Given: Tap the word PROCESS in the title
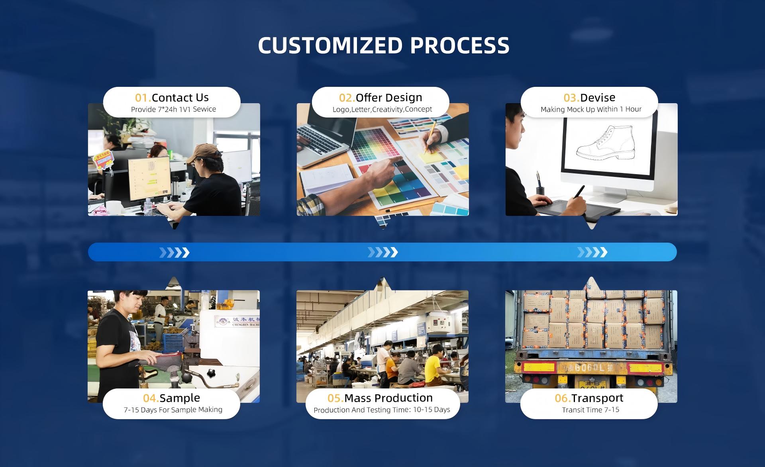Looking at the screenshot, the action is coord(460,45).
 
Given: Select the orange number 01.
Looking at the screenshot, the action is coord(143,98).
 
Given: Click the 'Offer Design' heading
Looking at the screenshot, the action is coord(389,98).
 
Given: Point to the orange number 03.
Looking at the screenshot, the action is coord(572,98).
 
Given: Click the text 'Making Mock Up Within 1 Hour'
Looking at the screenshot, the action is coord(591,109).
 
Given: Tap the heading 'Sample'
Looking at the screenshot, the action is coord(180,398).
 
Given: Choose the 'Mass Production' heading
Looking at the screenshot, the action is coord(388,398).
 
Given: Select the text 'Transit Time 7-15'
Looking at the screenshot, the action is coord(590,410).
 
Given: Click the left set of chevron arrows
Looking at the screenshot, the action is coord(174,252).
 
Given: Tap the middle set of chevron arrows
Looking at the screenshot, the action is coord(382,252).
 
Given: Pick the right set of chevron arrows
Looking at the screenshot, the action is coord(592,252).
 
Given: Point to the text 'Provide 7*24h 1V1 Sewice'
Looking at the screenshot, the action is coord(173,109).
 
